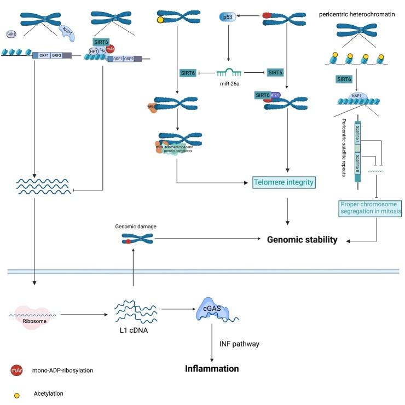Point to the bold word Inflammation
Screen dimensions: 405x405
pos(212,368)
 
